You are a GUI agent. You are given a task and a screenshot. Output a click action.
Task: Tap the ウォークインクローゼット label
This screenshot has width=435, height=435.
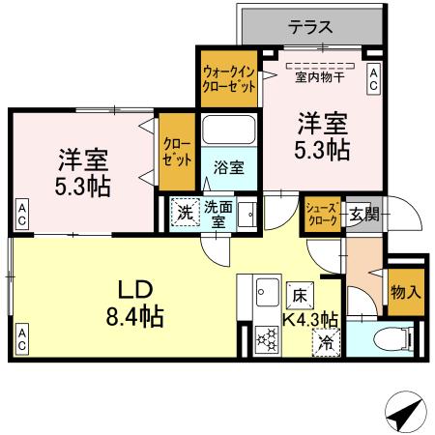pyautogui.click(x=229, y=78)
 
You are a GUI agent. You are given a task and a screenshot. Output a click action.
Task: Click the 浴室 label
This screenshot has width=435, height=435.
pyautogui.click(x=229, y=166)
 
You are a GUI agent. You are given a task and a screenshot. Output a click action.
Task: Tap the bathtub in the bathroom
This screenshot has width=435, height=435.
pyautogui.click(x=229, y=130)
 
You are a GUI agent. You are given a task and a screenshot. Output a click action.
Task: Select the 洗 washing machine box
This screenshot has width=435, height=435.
pyautogui.click(x=183, y=211)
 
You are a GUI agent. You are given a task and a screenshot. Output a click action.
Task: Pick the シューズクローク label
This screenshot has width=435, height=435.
pyautogui.click(x=321, y=214)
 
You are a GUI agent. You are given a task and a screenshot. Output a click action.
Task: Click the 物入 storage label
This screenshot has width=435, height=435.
pyautogui.click(x=406, y=291)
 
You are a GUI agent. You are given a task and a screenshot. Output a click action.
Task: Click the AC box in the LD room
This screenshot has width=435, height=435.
pyautogui.click(x=21, y=339)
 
